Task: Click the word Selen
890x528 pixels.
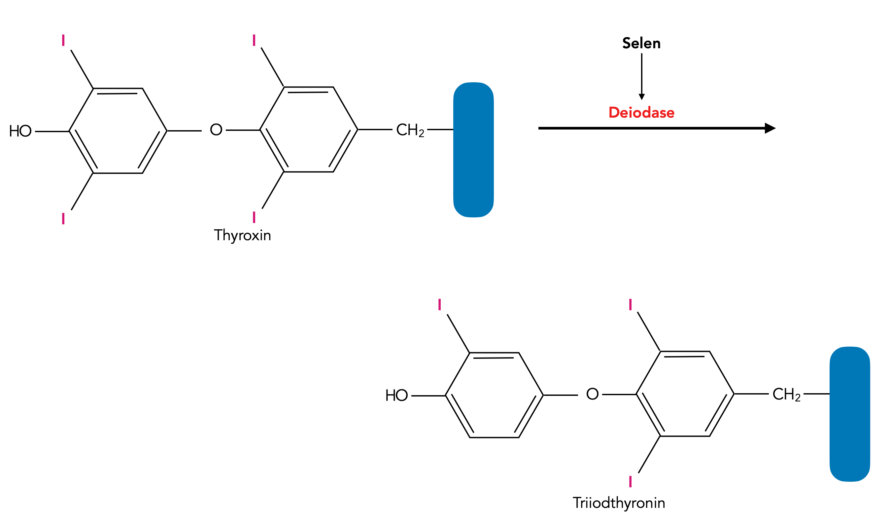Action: (641, 43)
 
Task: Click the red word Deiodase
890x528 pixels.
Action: (641, 112)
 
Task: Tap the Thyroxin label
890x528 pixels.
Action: (242, 236)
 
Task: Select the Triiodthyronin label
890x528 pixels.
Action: (619, 503)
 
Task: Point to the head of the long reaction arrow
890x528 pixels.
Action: (770, 128)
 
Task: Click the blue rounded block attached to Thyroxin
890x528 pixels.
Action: (473, 150)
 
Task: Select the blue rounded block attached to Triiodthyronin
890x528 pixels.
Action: (850, 414)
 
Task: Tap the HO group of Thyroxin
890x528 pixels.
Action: (20, 131)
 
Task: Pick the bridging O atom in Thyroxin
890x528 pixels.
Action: (216, 130)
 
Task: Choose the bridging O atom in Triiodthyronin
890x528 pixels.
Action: (593, 394)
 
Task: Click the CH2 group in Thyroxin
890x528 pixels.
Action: (410, 130)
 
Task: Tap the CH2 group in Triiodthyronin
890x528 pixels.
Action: (787, 394)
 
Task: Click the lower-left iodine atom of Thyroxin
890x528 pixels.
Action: (63, 218)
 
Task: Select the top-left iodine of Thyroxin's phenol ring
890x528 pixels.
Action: (63, 40)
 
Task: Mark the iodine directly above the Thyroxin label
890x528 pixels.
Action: (254, 217)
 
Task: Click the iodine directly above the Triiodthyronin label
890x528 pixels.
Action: (631, 481)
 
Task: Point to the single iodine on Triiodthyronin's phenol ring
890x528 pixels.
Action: (440, 305)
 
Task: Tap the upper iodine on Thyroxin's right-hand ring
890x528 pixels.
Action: (254, 40)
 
